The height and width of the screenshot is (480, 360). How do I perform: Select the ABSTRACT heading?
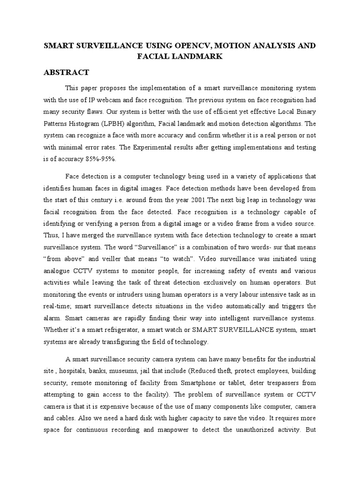(x=66, y=73)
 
